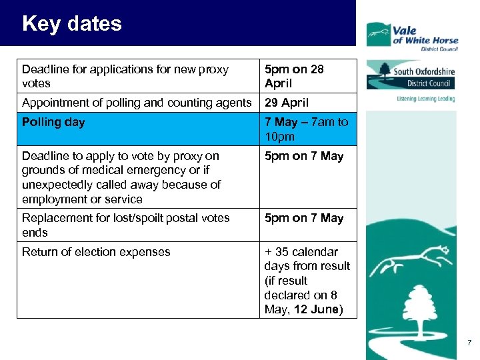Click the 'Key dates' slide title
[x=72, y=24]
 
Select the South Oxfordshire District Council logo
[x=410, y=75]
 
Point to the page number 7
[x=469, y=343]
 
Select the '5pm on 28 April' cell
[x=294, y=76]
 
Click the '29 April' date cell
[x=287, y=103]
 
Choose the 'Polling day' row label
[x=53, y=122]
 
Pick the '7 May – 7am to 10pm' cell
[x=306, y=129]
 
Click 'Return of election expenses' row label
[x=96, y=252]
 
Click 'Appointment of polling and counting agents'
[x=137, y=103]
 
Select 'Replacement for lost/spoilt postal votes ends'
[x=125, y=225]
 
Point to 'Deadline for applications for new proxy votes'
[x=125, y=76]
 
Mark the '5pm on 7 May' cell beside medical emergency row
[x=304, y=157]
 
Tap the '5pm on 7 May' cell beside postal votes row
[x=304, y=218]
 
